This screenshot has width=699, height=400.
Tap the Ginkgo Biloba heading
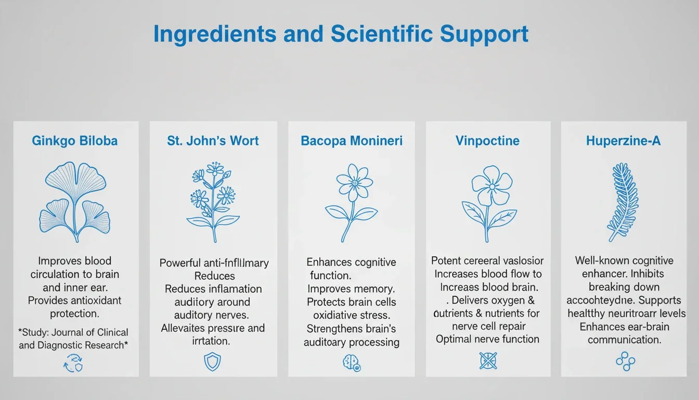pos(75,141)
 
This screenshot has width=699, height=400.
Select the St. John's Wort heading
pos(213,141)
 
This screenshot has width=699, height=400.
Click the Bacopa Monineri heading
pos(352,141)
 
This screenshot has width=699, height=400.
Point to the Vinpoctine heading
pos(488,141)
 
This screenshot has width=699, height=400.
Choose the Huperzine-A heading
pos(623,141)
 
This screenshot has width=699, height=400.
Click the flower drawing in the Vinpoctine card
pos(488,203)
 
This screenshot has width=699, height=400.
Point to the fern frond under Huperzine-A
pos(623,202)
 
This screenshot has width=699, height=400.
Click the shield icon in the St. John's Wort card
pos(212,362)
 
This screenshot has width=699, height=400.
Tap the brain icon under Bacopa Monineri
pos(351,362)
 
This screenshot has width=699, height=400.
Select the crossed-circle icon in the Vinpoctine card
pos(488,360)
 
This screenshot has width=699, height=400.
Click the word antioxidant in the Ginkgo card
pos(90,301)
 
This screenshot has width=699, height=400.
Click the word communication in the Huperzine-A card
pos(624,340)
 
